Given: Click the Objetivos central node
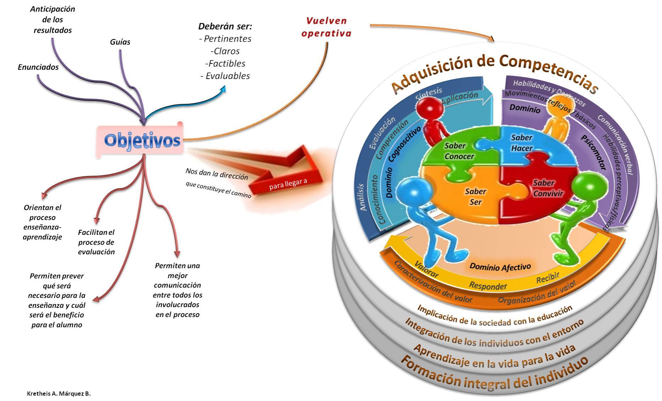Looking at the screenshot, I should [x=142, y=140].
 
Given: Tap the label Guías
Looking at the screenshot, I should [x=120, y=42].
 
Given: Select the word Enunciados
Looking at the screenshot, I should [x=38, y=67].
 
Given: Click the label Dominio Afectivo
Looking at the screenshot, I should [x=500, y=267].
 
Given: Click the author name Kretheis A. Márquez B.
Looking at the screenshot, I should [x=59, y=394].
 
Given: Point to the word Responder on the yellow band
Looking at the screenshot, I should [x=488, y=286].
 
